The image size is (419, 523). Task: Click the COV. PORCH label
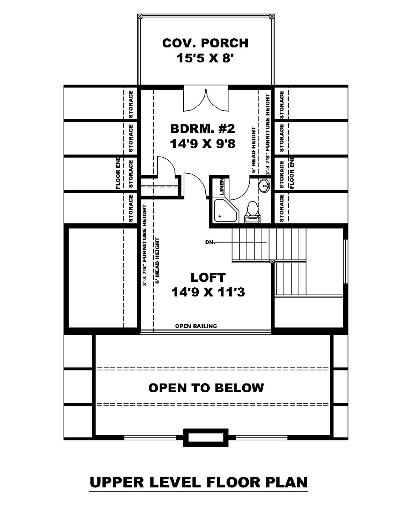(x=205, y=43)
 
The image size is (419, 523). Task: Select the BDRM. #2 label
(x=203, y=129)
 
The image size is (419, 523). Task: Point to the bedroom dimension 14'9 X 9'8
(x=203, y=144)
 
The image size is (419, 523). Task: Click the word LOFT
(x=208, y=277)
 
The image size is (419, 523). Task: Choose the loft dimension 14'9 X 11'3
(x=208, y=292)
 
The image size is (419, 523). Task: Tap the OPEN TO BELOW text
(x=206, y=388)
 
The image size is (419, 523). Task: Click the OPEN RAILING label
(x=196, y=326)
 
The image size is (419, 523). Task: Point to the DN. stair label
(x=210, y=242)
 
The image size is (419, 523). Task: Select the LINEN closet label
(x=222, y=187)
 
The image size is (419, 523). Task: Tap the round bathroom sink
(x=264, y=186)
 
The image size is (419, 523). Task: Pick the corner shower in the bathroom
(x=226, y=211)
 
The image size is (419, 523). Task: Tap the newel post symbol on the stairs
(x=272, y=261)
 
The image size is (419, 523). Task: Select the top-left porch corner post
(x=140, y=16)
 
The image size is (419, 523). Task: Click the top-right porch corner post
(x=272, y=16)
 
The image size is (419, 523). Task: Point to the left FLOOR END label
(x=118, y=173)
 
